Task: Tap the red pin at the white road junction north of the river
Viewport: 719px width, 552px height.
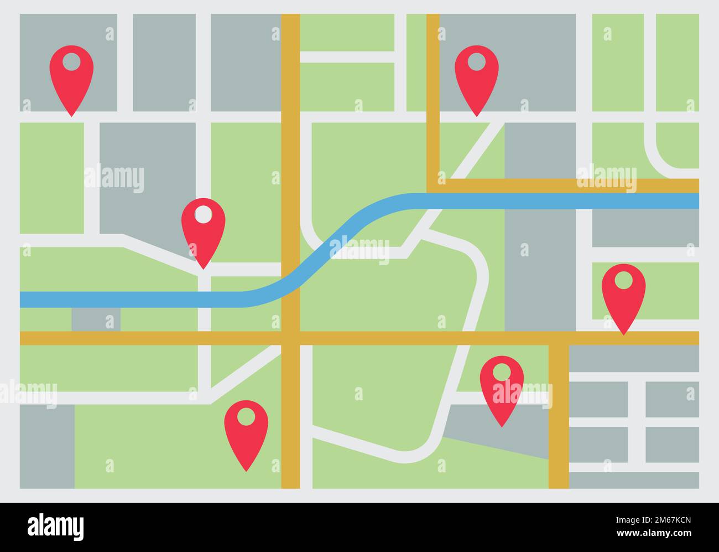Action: click(203, 228)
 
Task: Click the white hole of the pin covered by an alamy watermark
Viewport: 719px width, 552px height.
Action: click(502, 372)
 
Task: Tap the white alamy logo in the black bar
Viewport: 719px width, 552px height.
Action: click(55, 527)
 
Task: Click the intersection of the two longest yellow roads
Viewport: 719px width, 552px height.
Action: click(290, 338)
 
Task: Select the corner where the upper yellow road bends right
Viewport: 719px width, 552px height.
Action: click(433, 185)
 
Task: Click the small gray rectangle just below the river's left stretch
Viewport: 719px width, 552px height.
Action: click(96, 319)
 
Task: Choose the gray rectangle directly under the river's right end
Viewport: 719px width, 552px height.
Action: click(645, 228)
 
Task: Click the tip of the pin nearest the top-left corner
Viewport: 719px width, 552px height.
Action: click(71, 115)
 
